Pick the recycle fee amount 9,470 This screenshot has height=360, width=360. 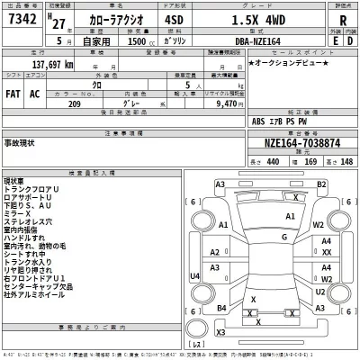[x=229, y=103]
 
